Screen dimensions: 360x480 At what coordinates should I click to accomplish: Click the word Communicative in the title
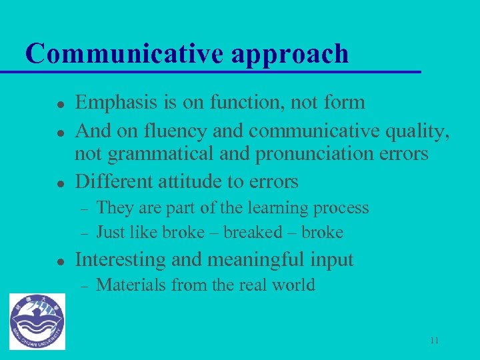[x=125, y=53]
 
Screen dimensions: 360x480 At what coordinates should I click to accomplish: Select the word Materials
[x=131, y=285]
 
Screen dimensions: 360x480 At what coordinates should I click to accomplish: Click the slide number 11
[x=434, y=341]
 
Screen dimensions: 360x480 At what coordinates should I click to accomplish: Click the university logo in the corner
[x=37, y=321]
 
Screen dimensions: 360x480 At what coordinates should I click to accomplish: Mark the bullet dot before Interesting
[x=41, y=261]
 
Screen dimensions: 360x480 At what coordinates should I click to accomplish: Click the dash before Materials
[x=84, y=286]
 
